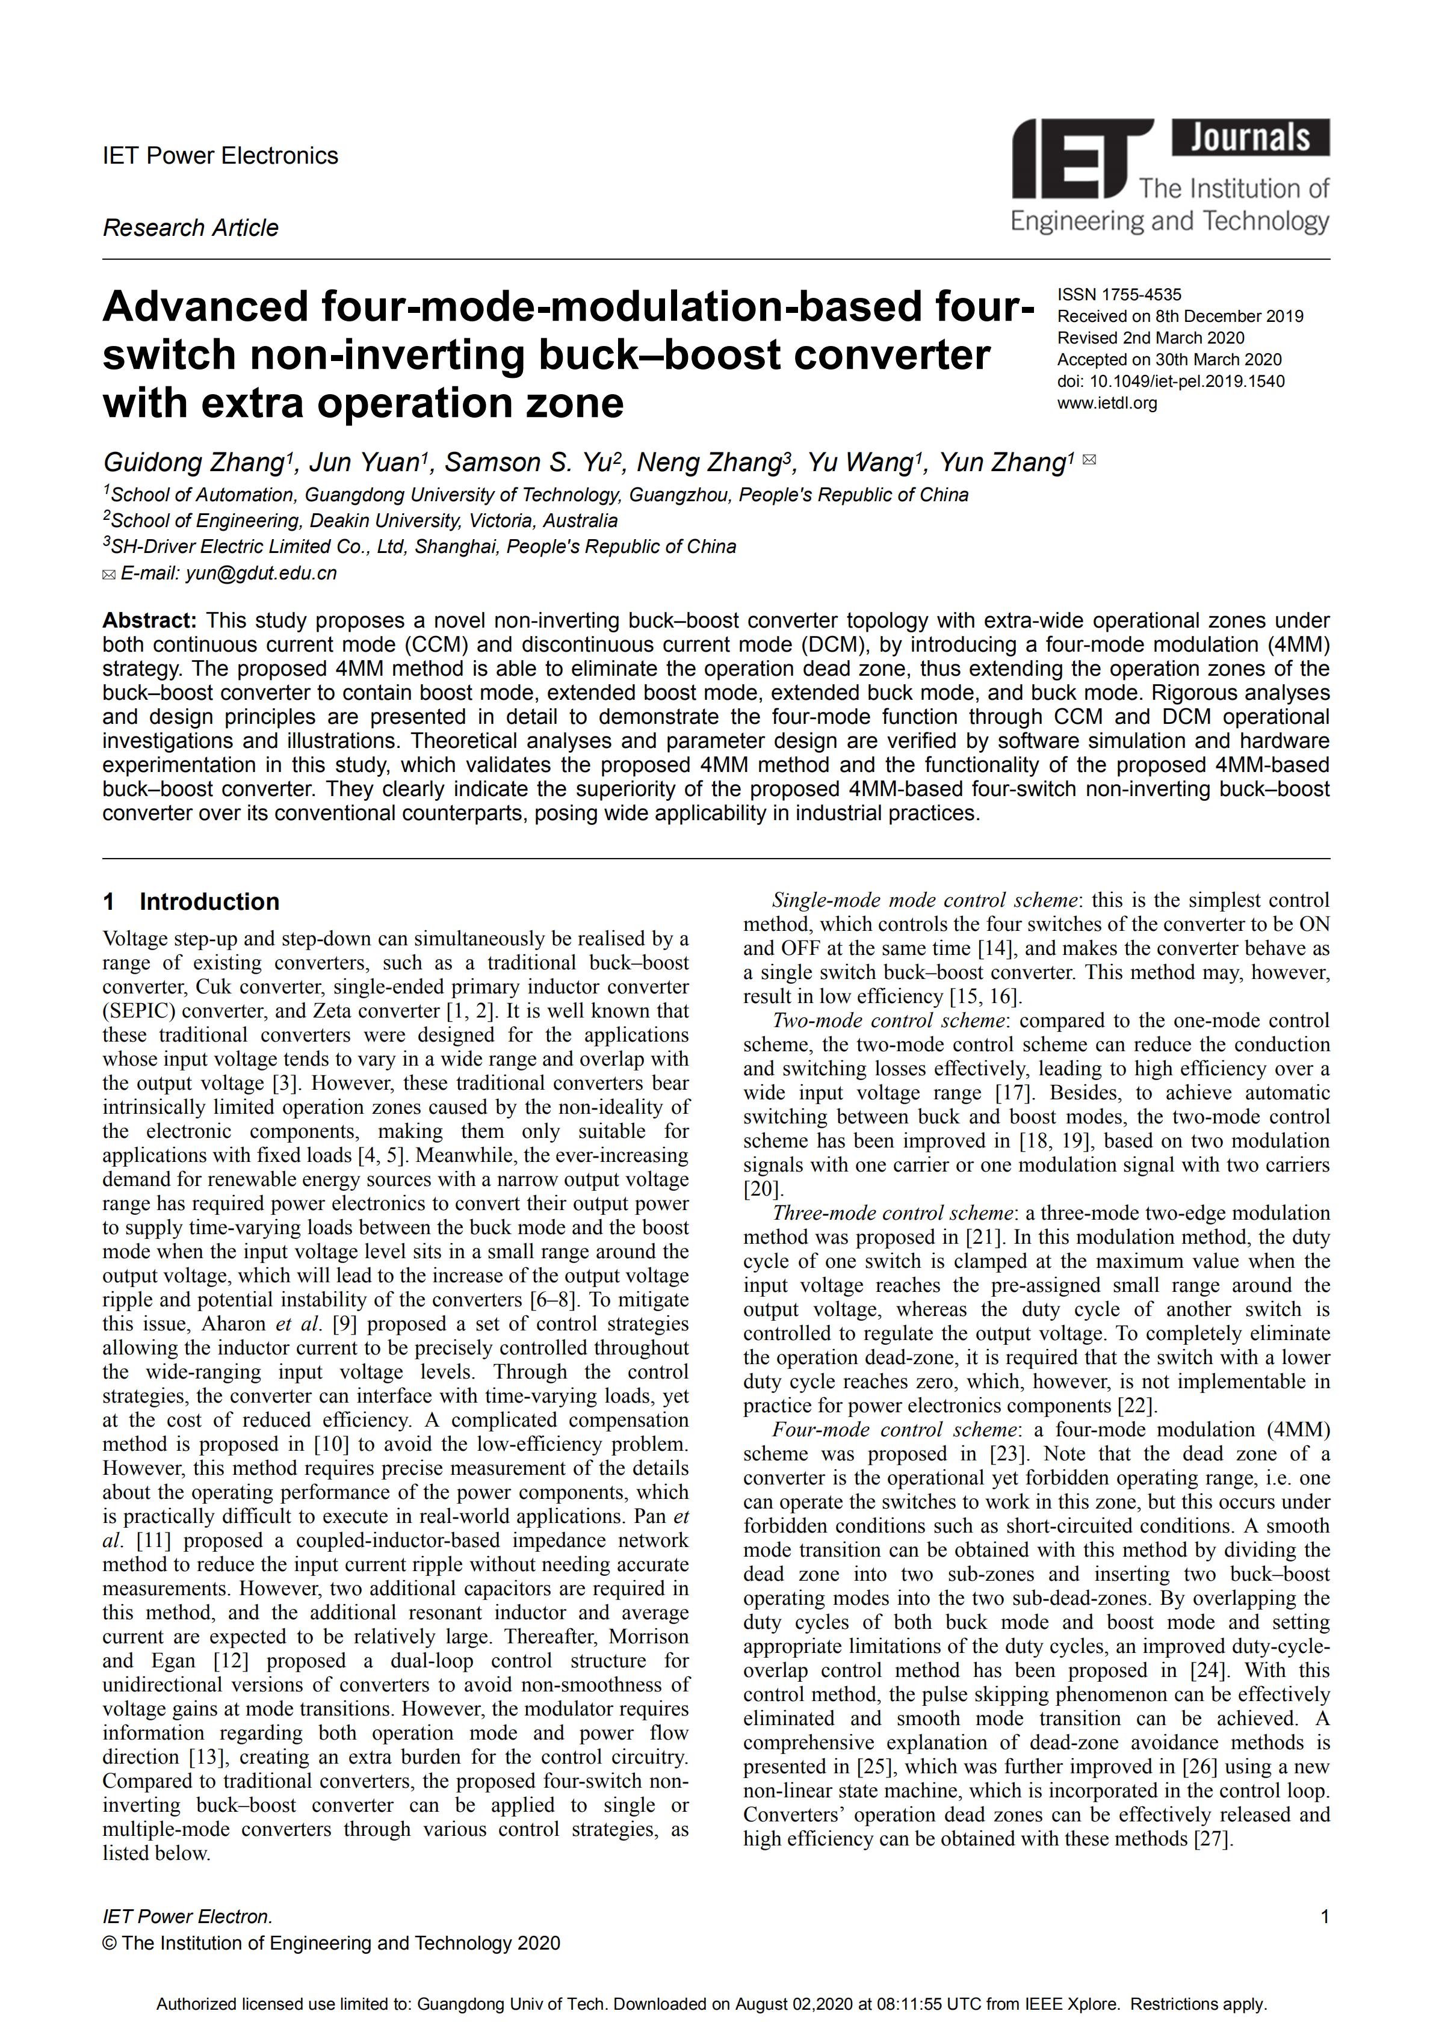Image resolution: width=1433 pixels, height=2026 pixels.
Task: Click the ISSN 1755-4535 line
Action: pos(1119,295)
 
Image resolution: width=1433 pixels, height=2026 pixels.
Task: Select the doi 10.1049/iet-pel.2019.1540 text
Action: pos(1171,381)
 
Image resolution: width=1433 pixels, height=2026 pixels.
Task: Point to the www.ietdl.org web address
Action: pos(1107,403)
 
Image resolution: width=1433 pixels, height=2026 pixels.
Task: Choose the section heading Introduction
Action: pos(209,902)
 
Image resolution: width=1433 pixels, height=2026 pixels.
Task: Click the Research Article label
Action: pos(191,227)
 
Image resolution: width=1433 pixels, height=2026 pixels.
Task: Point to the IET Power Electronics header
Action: pos(221,156)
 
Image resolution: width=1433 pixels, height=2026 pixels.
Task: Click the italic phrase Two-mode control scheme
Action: pos(888,1021)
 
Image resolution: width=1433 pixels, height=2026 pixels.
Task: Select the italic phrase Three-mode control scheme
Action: pos(893,1213)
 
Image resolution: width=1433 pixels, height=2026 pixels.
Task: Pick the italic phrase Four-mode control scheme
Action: pos(895,1430)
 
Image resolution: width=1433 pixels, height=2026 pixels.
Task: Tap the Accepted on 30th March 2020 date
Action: pos(1169,359)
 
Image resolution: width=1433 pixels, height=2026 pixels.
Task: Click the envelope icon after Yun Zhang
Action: pos(1089,460)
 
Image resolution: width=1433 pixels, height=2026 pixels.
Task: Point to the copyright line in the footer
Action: pos(331,1943)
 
